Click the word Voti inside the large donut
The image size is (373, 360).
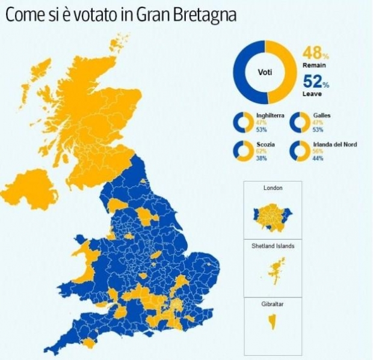coord(265,72)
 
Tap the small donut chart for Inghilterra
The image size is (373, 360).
coord(243,122)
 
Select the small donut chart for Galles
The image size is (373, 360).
coord(300,122)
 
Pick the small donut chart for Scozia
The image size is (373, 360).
coord(243,151)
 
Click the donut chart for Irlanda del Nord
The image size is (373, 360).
coord(300,151)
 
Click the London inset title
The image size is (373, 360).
coord(273,188)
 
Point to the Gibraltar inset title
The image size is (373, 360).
coord(273,304)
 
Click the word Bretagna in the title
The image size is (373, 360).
coord(203,14)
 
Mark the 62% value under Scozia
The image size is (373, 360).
coord(260,151)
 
